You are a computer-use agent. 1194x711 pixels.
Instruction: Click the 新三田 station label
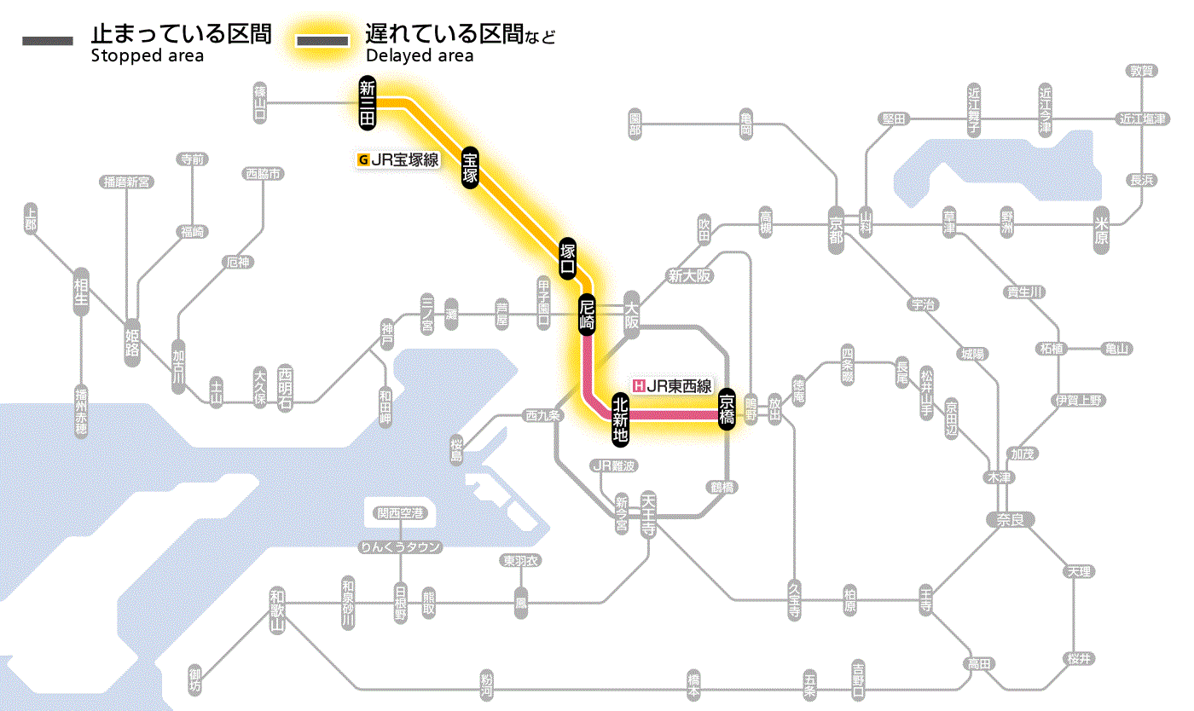[368, 103]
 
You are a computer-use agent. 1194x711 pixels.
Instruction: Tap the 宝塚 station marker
[470, 167]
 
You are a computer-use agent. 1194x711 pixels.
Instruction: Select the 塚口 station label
[568, 258]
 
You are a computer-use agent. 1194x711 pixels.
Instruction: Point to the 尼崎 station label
[587, 315]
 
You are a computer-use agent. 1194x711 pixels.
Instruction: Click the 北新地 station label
[621, 417]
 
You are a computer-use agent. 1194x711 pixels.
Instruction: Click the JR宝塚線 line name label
[398, 159]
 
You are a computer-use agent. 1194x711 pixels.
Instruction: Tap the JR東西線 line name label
[673, 385]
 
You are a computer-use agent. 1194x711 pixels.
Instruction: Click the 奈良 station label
[1009, 518]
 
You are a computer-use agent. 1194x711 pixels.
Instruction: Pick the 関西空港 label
[400, 513]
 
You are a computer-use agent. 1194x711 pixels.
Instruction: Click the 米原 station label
[1102, 231]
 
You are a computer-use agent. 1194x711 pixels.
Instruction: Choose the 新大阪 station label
[689, 276]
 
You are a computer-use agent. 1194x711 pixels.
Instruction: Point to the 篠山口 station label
[261, 101]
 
